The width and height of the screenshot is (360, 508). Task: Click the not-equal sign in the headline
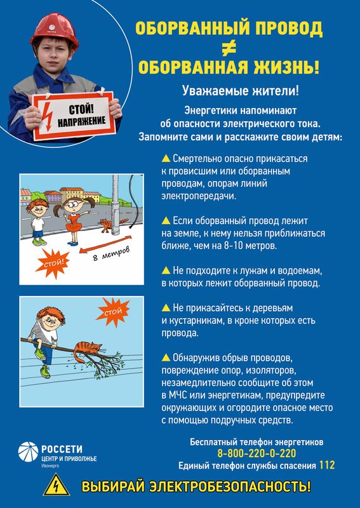tap(229, 48)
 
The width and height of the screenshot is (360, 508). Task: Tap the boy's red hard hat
tap(55, 30)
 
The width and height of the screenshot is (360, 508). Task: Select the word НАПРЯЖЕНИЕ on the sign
tap(82, 121)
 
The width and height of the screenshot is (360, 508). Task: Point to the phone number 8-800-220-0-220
tap(257, 453)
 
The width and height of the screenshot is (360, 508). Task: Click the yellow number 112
tap(326, 465)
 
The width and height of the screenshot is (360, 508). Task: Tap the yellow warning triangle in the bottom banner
tap(57, 485)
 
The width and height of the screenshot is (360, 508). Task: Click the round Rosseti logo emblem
tap(28, 451)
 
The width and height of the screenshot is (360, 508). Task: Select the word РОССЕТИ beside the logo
tap(62, 449)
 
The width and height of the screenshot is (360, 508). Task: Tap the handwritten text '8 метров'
tap(111, 253)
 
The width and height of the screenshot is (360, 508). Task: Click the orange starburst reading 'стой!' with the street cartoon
tap(53, 264)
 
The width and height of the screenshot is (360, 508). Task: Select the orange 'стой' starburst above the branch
tap(112, 312)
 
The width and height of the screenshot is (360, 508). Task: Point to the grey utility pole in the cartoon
tap(116, 204)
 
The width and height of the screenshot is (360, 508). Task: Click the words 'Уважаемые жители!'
tap(241, 91)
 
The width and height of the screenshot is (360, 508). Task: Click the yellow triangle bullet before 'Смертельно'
tap(166, 158)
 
